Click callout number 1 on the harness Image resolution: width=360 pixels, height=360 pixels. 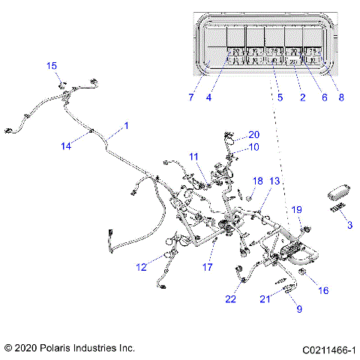126,125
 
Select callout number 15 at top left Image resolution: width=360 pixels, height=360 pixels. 52,66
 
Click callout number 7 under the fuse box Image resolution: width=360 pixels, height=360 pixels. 191,97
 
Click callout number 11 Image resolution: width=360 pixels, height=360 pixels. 193,156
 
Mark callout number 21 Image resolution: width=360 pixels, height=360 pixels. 264,299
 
